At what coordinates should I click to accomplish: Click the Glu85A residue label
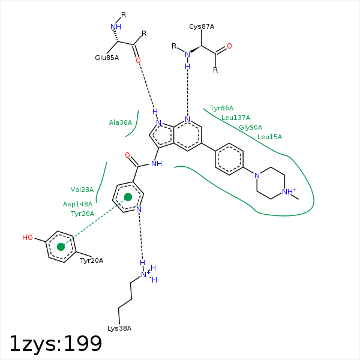[x=107, y=58]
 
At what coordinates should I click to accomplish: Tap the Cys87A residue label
[x=202, y=26]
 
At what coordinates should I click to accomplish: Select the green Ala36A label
[x=121, y=122]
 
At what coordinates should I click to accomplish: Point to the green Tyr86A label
[x=221, y=108]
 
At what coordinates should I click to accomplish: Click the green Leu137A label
[x=236, y=118]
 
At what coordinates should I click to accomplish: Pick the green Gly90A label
[x=250, y=127]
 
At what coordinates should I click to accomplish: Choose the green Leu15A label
[x=269, y=137]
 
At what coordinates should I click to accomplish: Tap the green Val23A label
[x=82, y=190]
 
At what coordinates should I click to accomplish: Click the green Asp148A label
[x=77, y=204]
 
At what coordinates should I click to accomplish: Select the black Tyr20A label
[x=91, y=260]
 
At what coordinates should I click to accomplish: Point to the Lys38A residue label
[x=119, y=328]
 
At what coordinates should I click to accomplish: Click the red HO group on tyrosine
[x=28, y=238]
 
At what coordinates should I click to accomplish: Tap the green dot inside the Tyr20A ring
[x=61, y=247]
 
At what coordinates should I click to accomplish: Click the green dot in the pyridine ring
[x=128, y=197]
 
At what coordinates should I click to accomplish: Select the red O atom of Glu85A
[x=138, y=61]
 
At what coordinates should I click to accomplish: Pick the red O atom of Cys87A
[x=229, y=46]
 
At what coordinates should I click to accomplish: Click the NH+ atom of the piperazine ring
[x=289, y=191]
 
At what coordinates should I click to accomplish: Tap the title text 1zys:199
[x=56, y=344]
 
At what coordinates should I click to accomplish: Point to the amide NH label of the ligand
[x=157, y=164]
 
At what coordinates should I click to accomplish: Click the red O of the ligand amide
[x=127, y=155]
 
